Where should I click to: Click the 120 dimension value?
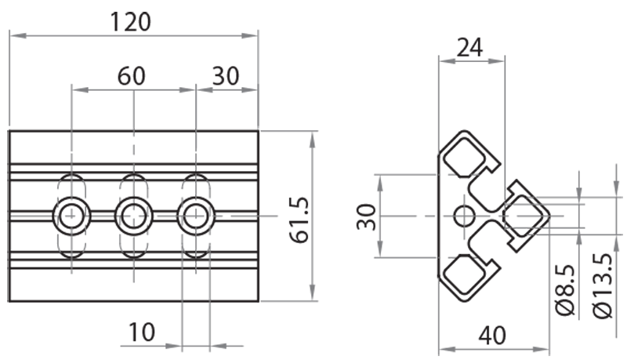[131, 21]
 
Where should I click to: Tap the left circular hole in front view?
[72, 214]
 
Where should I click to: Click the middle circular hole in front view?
[134, 214]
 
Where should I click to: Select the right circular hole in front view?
[195, 214]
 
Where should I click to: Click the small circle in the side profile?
[464, 215]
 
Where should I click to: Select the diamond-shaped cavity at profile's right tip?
[523, 214]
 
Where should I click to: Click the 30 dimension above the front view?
[226, 76]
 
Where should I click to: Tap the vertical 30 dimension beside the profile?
[365, 215]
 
